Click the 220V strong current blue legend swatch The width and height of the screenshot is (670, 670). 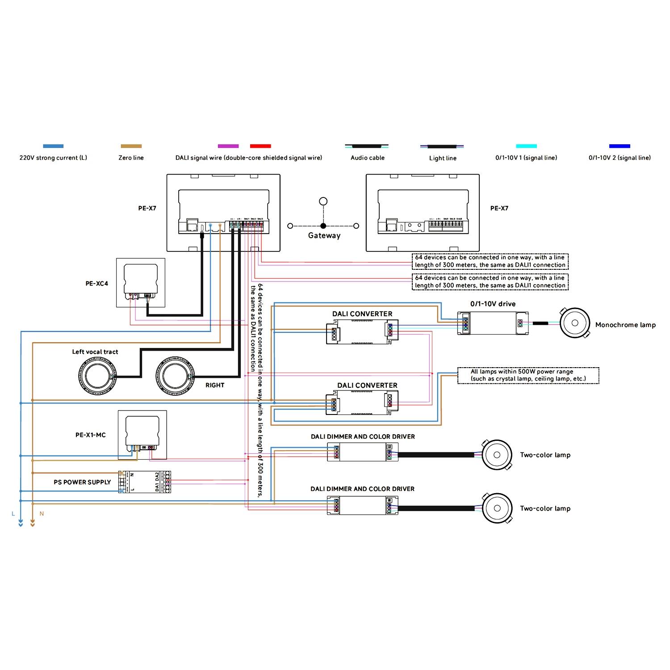pos(53,146)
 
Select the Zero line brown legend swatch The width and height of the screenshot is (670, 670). pos(131,146)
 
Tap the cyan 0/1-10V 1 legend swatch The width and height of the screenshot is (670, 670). pos(526,146)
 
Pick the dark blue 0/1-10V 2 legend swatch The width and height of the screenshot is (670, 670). pos(620,146)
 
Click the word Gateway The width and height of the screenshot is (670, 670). pos(324,236)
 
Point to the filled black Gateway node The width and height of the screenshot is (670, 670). pos(323,226)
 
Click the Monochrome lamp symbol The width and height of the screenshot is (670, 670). pos(575,323)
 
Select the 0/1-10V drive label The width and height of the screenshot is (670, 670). pos(493,304)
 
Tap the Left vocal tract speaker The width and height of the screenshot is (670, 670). pos(97,376)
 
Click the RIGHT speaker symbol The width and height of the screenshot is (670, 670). pos(175,376)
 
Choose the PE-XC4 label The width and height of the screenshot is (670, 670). pos(97,284)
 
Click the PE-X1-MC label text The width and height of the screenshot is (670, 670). pos(91,435)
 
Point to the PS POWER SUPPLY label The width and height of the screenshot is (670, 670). pos(82,482)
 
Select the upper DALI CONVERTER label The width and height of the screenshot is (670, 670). pos(362,314)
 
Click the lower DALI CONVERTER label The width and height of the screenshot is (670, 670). pos(367,385)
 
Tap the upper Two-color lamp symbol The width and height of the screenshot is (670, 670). pos(497,455)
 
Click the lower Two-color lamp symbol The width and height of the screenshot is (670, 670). pos(497,508)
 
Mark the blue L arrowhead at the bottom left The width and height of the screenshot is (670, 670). pos(21,523)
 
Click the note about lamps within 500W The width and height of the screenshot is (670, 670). pos(528,375)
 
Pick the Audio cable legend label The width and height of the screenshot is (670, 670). pos(367,158)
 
